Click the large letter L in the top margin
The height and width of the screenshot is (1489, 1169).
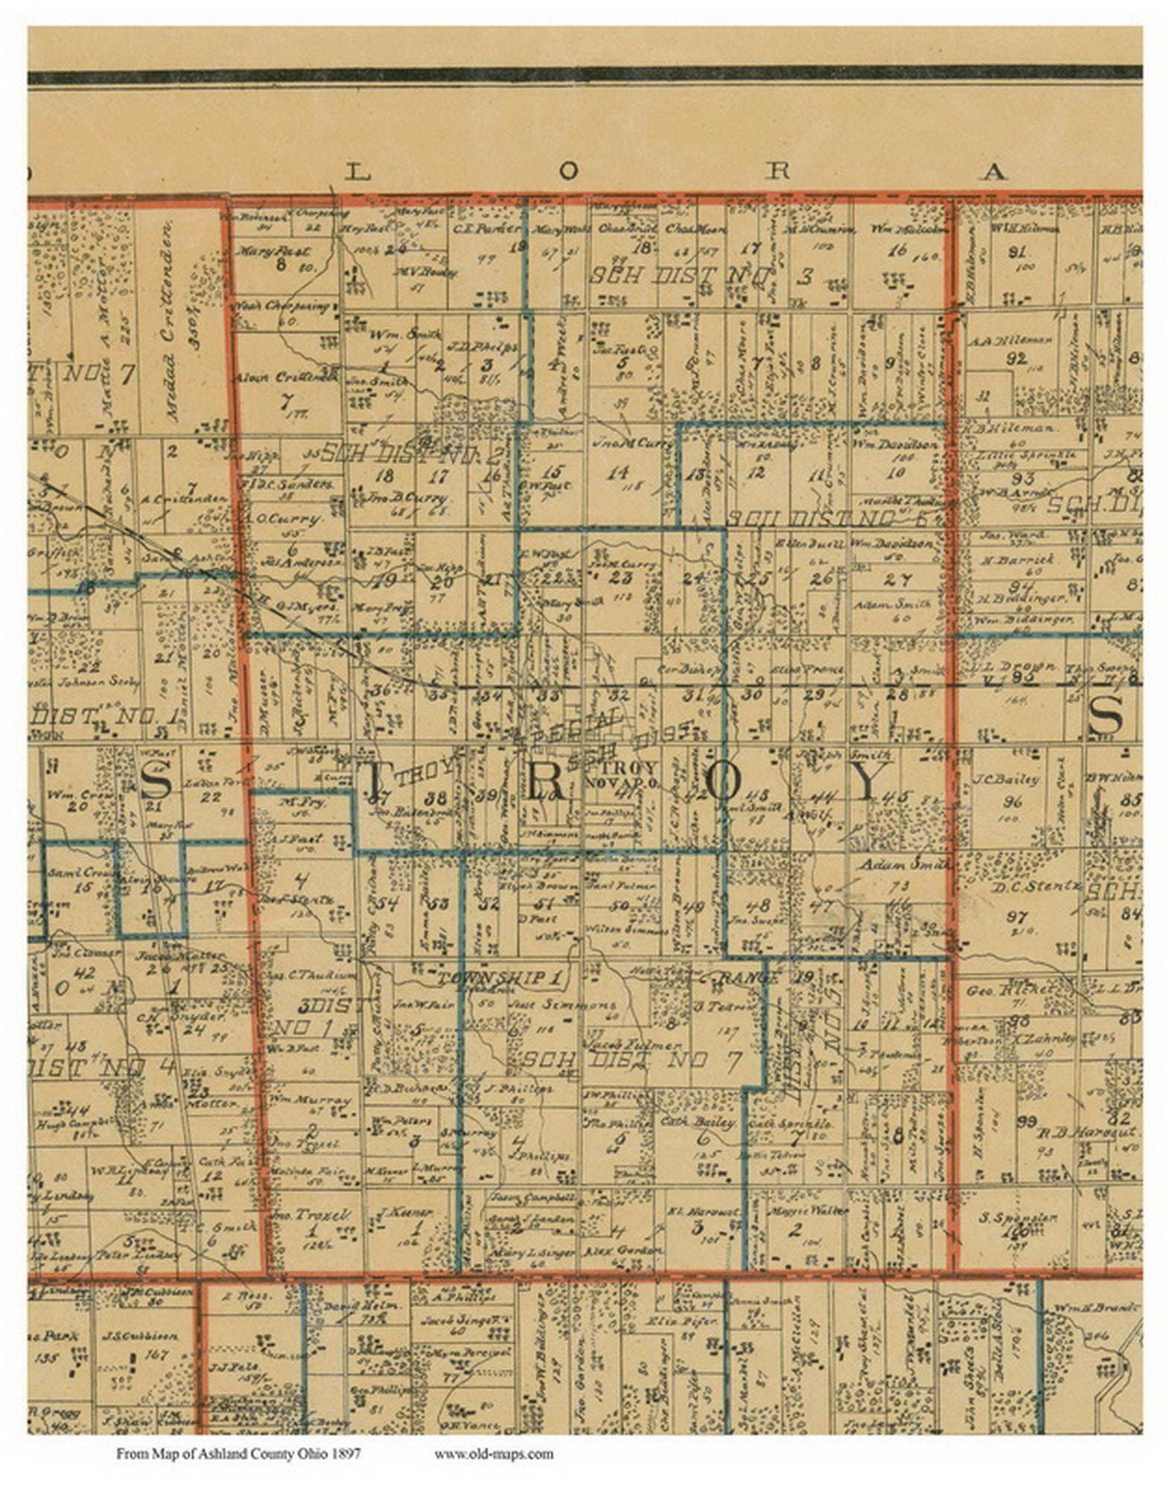(x=357, y=173)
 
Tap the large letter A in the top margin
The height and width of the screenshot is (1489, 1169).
(x=994, y=173)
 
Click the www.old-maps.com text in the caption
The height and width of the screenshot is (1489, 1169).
(x=494, y=1453)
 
